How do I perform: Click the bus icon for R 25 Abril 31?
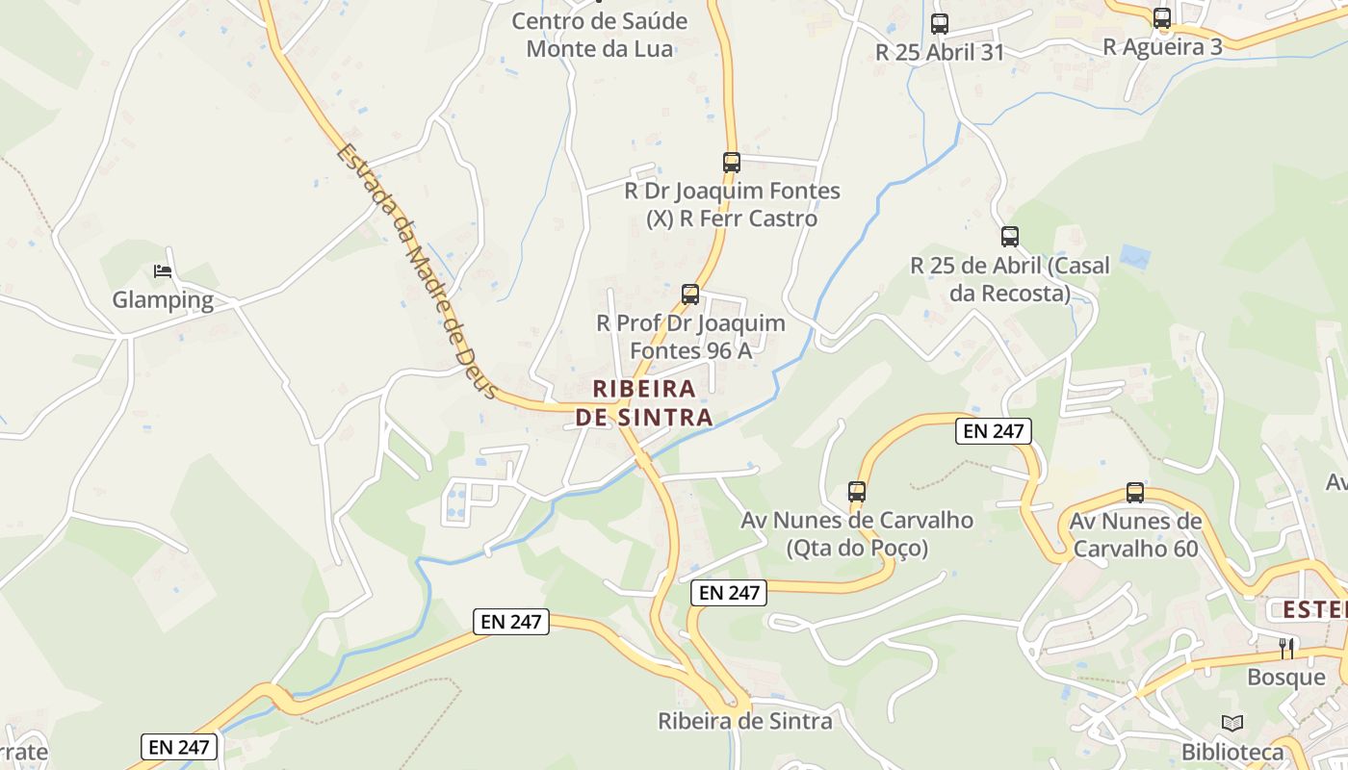point(939,24)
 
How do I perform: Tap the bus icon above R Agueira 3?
point(1162,18)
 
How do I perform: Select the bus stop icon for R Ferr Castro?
point(732,163)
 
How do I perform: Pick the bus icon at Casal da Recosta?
point(1009,237)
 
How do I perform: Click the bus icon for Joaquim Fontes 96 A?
point(690,295)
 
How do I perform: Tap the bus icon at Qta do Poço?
point(857,492)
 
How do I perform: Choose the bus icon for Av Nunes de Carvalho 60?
point(1135,493)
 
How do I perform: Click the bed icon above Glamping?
point(163,271)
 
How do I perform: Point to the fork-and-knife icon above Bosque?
point(1285,649)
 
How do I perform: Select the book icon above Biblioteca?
point(1232,723)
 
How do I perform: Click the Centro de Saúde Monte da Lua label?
point(599,35)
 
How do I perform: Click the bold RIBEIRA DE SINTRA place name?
point(644,403)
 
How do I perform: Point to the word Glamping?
point(163,299)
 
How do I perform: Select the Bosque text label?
point(1285,677)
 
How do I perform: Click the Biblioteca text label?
point(1232,752)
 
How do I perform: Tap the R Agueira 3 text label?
point(1162,46)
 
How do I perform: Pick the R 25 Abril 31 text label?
point(939,52)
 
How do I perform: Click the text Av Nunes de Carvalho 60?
point(1135,535)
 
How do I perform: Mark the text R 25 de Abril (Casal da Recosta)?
point(1009,279)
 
